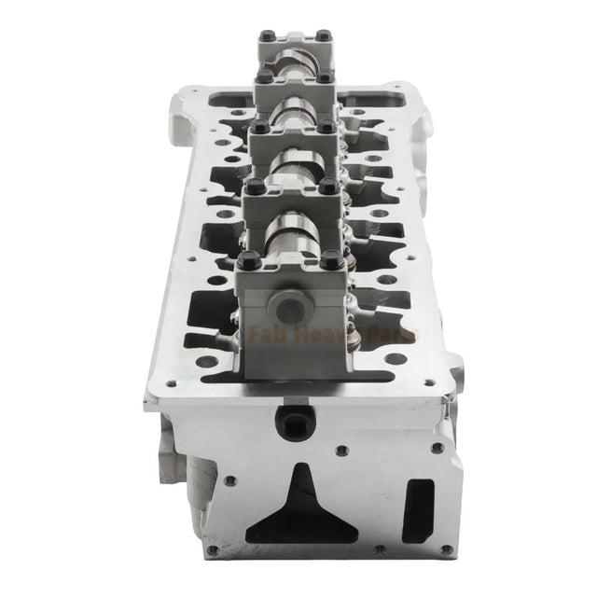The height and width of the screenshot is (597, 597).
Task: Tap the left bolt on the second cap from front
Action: pyautogui.click(x=250, y=187)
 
